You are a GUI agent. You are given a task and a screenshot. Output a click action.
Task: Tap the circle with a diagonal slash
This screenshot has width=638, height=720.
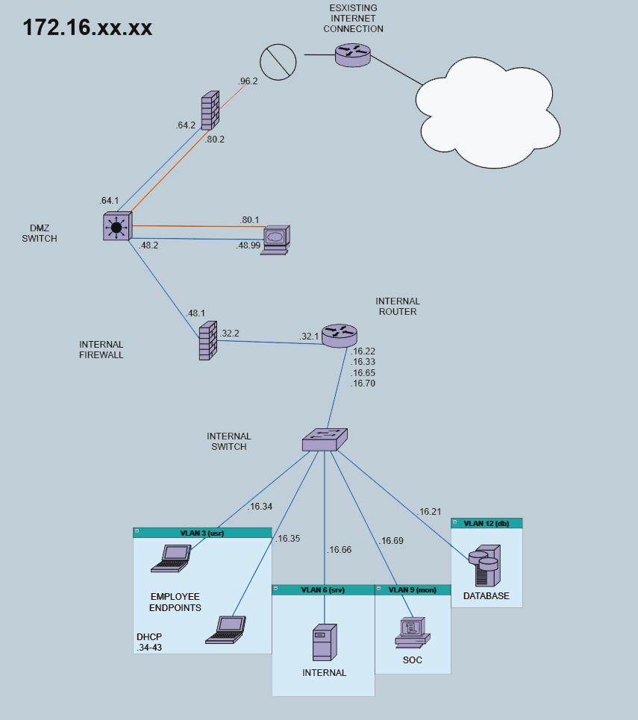tap(277, 61)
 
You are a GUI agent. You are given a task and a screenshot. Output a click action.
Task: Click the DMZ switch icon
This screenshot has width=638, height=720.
tap(116, 225)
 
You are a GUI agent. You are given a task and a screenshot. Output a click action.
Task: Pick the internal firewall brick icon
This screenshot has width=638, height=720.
tap(207, 341)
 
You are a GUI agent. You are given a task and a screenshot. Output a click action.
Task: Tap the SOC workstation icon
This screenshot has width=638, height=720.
tap(411, 632)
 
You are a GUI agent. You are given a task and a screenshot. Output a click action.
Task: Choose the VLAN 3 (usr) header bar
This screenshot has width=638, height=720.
tap(202, 533)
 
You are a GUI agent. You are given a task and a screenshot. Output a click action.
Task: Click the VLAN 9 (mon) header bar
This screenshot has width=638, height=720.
tap(413, 589)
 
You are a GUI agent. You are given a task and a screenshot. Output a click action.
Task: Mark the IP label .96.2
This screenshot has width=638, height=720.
tap(248, 81)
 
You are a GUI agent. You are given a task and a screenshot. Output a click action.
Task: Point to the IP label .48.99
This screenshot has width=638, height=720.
tap(248, 245)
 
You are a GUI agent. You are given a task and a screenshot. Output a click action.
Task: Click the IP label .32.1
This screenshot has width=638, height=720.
tap(309, 336)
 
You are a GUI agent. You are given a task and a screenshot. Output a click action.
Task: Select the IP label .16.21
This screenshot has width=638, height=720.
tap(429, 512)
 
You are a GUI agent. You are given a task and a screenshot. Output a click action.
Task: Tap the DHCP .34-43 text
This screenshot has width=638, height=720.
tap(149, 642)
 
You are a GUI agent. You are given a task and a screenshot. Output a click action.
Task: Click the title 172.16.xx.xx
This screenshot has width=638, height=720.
tap(87, 28)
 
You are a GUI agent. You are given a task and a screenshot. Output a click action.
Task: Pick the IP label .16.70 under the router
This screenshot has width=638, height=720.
tap(363, 384)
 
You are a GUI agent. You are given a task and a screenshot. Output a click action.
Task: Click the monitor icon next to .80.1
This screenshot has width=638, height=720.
tap(275, 239)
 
